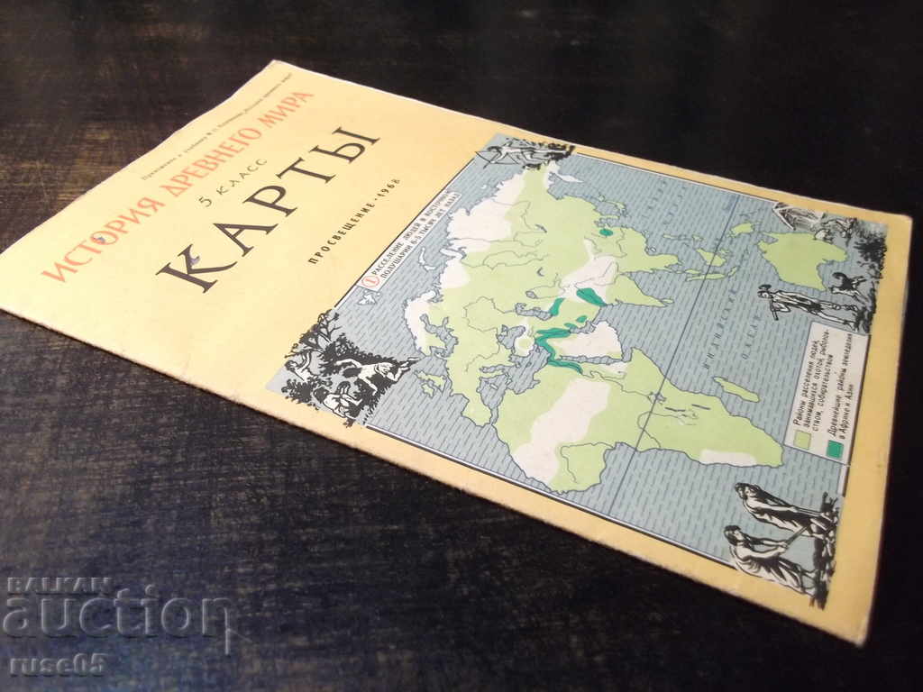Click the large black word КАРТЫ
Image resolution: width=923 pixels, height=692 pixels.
coord(270,207)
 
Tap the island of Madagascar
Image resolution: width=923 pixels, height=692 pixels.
coord(737,389)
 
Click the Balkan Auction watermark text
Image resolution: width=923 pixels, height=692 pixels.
coord(117,613)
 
